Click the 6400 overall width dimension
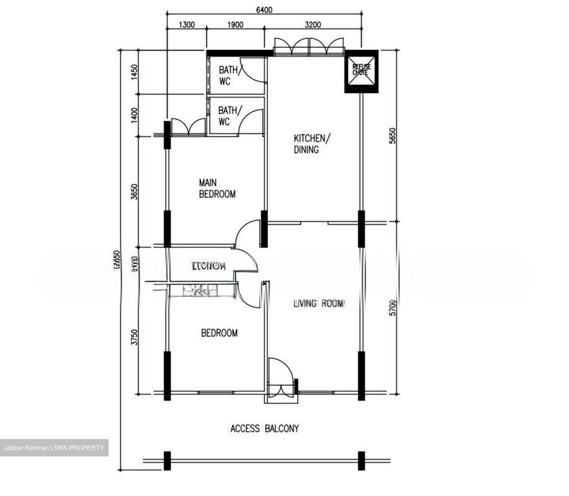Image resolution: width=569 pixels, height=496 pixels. (264, 10)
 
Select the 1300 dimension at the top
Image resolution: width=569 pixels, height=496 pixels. (187, 25)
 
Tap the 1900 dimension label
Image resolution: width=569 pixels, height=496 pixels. (235, 25)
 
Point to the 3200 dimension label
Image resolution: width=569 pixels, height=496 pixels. (313, 25)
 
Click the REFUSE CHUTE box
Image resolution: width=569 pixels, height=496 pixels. (361, 72)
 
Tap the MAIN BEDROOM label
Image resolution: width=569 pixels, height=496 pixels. (217, 188)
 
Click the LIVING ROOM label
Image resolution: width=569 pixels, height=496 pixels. (319, 303)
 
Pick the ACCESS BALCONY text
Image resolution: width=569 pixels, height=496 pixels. (264, 428)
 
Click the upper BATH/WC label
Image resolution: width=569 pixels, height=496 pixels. (228, 76)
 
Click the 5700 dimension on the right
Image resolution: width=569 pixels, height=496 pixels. (392, 308)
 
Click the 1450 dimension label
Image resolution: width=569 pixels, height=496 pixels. (134, 72)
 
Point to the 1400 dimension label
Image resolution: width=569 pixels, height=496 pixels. (134, 115)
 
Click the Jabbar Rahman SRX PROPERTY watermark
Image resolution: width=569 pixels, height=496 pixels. (54, 448)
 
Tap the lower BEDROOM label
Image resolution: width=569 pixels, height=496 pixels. (219, 333)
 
